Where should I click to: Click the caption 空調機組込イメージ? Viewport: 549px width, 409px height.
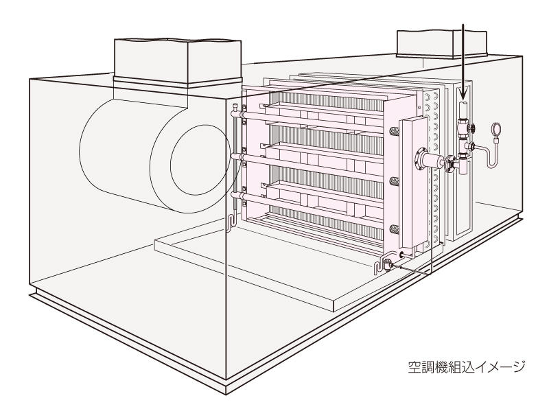click(467, 366)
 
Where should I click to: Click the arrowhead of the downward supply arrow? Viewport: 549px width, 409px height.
click(463, 94)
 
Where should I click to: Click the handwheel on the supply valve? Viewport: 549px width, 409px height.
click(473, 128)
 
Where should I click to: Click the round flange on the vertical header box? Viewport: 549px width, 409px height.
click(419, 159)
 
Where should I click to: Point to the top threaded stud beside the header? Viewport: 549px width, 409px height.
click(394, 131)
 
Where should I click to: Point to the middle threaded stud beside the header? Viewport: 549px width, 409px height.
click(394, 181)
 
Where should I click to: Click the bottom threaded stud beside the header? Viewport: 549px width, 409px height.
click(394, 229)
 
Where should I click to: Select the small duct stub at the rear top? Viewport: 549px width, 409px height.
click(441, 44)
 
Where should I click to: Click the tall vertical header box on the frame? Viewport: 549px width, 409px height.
click(414, 182)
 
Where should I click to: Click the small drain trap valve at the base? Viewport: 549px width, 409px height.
click(388, 264)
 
